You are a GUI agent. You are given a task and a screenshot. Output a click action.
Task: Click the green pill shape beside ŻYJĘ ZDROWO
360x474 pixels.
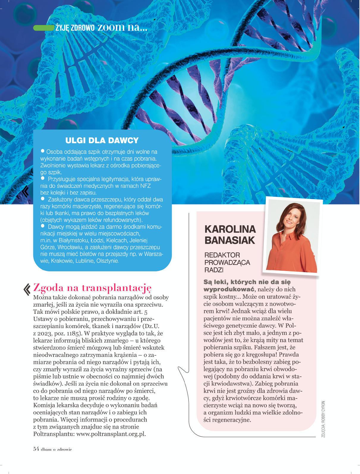tap(43, 28)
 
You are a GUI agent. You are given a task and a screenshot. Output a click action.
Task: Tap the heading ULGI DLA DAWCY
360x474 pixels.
tap(102, 140)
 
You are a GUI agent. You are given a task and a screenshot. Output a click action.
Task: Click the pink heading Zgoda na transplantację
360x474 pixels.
tap(92, 288)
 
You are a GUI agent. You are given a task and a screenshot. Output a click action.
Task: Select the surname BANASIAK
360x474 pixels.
tap(230, 240)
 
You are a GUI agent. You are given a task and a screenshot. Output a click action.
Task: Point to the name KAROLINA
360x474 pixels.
tap(230, 229)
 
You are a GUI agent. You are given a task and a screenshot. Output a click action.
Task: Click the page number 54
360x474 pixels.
tap(36, 449)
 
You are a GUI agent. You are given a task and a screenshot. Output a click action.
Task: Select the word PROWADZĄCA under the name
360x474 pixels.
tap(227, 262)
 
